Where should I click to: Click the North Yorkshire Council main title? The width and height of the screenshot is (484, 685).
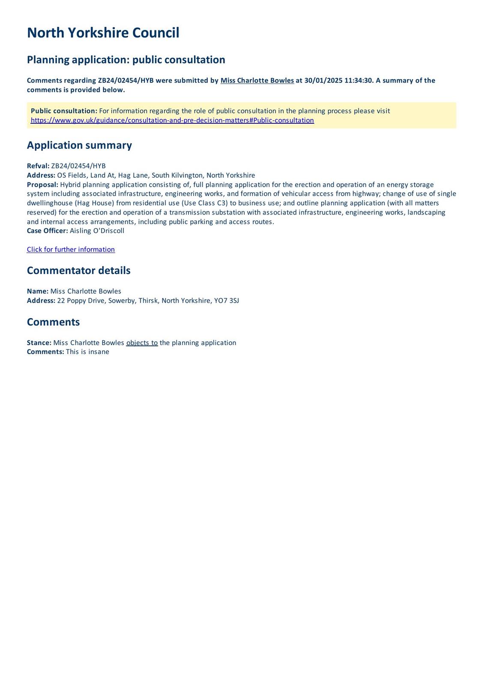tap(103, 33)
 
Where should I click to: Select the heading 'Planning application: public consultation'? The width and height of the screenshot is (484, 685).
tap(126, 60)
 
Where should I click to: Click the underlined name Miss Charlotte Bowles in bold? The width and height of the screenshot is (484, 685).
tap(257, 80)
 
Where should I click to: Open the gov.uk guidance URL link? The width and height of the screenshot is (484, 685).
tap(172, 120)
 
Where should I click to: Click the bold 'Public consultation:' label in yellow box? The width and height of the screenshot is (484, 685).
tap(64, 111)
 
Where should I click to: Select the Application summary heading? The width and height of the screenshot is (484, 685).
tap(79, 145)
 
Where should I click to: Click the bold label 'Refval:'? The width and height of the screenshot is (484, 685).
tap(38, 166)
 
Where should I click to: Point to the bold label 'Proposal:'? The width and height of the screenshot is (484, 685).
tap(42, 185)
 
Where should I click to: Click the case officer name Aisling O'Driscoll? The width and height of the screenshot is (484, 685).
tap(97, 231)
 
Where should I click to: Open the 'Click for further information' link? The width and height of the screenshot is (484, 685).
tap(71, 250)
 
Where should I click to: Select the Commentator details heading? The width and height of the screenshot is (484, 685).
tap(78, 271)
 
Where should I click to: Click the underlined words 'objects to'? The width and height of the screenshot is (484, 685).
tap(142, 343)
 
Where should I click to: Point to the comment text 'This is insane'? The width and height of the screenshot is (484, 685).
tap(87, 352)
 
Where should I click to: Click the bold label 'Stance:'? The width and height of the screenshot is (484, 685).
tap(39, 343)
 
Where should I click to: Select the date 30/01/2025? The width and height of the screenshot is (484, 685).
tap(323, 80)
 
